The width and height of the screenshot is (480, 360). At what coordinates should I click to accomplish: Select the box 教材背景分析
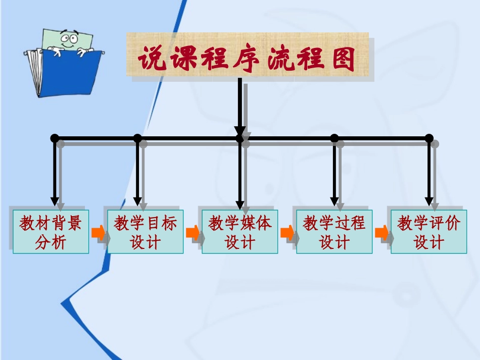click(x=51, y=231)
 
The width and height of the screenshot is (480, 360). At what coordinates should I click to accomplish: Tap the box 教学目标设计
click(x=145, y=231)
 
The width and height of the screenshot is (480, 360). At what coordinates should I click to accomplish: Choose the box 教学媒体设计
click(x=239, y=231)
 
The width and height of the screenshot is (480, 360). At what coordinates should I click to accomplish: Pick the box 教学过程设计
click(x=334, y=231)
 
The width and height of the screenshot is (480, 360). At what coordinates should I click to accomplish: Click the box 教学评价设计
click(x=428, y=231)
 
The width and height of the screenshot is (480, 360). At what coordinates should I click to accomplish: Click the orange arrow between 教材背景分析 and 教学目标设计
click(x=98, y=233)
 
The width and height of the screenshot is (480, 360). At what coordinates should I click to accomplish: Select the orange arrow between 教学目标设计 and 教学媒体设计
click(x=193, y=233)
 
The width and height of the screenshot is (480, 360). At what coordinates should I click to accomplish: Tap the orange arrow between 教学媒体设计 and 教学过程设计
click(x=287, y=233)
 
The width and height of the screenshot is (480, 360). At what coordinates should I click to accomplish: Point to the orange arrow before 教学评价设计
click(x=381, y=233)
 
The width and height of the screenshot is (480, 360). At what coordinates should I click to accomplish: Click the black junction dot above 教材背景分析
click(x=55, y=138)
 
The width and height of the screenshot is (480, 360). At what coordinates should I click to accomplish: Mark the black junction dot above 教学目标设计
click(x=137, y=138)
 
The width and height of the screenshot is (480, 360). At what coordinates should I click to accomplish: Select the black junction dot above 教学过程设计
click(x=334, y=138)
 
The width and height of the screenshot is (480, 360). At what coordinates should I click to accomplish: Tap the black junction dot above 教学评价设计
click(x=429, y=138)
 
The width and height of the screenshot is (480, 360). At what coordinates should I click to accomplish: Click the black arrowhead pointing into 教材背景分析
click(x=55, y=201)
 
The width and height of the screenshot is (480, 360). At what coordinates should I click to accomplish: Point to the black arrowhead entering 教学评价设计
click(x=429, y=201)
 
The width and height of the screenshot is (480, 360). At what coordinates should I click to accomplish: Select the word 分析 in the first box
click(x=51, y=242)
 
